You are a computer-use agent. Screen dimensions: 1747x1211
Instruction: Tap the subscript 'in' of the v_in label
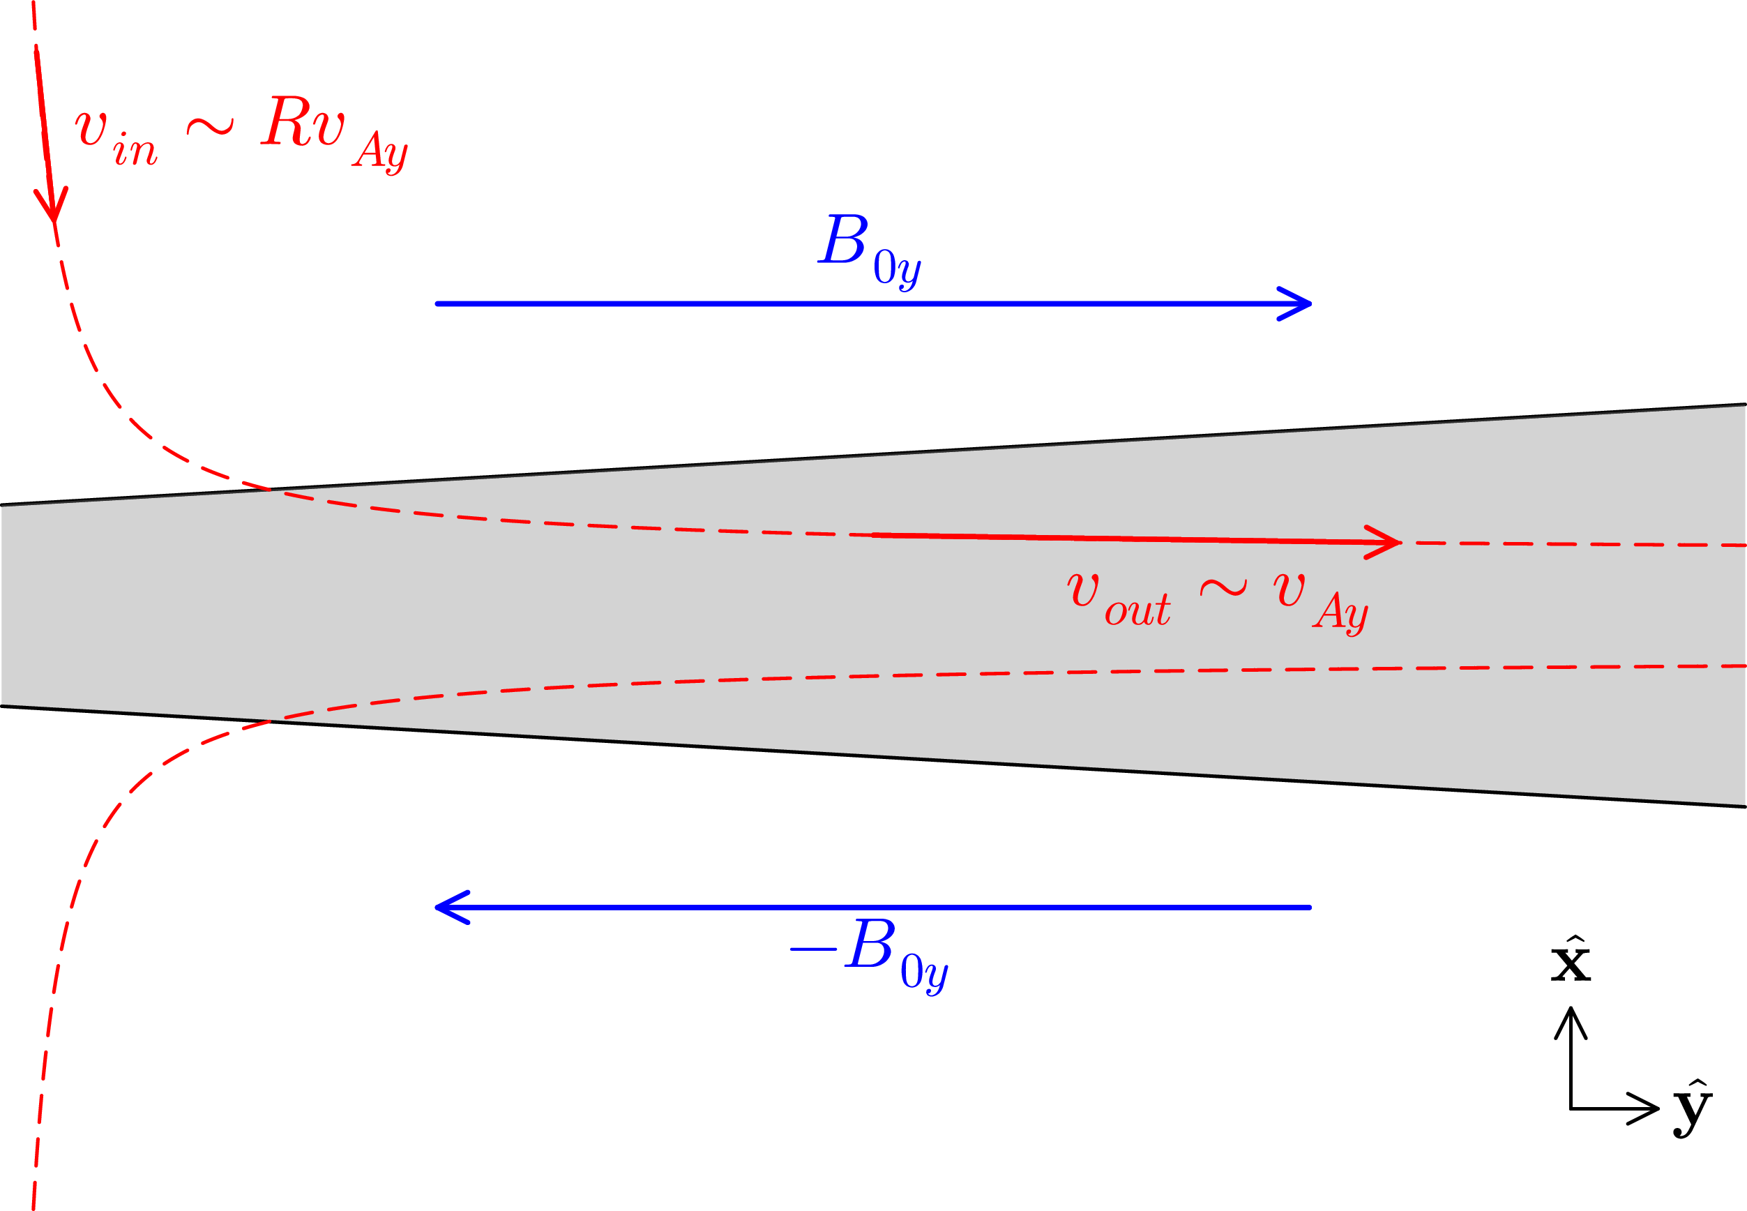pyautogui.click(x=135, y=149)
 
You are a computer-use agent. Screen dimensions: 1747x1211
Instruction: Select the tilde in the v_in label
pyautogui.click(x=210, y=127)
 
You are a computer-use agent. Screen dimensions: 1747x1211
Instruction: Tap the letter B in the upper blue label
pyautogui.click(x=844, y=241)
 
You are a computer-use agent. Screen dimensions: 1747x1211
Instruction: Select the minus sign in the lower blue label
pyautogui.click(x=814, y=949)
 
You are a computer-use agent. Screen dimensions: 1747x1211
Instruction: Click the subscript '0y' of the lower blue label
pyautogui.click(x=924, y=972)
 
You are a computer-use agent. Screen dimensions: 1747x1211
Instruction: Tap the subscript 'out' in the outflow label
pyautogui.click(x=1137, y=610)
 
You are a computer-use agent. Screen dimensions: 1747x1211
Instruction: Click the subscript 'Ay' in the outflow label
pyautogui.click(x=1341, y=612)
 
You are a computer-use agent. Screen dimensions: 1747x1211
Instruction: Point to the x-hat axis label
pyautogui.click(x=1571, y=962)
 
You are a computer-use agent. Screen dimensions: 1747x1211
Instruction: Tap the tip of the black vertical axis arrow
pyautogui.click(x=1571, y=1010)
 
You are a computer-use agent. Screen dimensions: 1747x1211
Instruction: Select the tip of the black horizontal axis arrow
pyautogui.click(x=1658, y=1109)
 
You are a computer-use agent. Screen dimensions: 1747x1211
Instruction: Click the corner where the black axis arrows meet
pyautogui.click(x=1571, y=1109)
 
